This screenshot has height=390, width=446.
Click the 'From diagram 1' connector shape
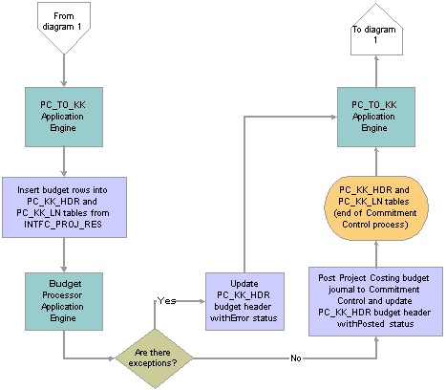pos(64,27)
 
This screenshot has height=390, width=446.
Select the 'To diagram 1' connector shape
pos(376,31)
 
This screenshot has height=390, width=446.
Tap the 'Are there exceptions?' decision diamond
pos(155,358)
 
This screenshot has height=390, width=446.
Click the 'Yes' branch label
pos(166,301)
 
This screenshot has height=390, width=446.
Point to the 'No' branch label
pos(296,358)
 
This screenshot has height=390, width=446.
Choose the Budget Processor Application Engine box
pos(64,301)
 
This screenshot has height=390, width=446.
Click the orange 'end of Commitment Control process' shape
pos(376,207)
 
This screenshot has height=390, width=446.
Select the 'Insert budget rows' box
pos(64,207)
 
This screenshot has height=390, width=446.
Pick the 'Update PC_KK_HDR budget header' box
pos(244,301)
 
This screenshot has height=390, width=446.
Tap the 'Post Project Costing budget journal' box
pos(375,301)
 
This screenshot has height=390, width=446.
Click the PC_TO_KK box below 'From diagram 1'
pos(64,117)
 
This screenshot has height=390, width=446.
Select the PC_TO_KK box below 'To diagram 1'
pos(376,117)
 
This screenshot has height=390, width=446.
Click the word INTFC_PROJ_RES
pos(63,225)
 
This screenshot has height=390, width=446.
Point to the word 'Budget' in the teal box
pos(65,284)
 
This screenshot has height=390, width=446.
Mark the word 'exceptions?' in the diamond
pos(153,363)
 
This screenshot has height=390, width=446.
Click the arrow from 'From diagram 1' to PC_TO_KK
pos(64,71)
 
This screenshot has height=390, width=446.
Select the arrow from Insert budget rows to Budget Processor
pos(64,255)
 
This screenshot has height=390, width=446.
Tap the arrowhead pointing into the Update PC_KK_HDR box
pos(202,301)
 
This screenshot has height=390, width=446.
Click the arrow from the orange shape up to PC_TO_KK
pos(376,162)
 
